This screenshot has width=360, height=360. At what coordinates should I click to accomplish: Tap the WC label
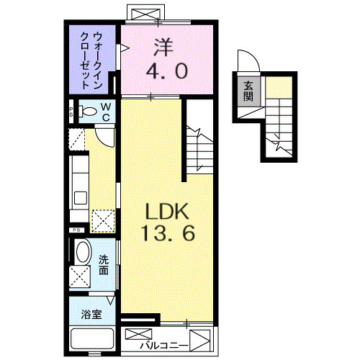point(105,111)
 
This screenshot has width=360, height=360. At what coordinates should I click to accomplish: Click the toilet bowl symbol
point(88,112)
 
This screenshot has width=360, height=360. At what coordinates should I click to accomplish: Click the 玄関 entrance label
point(248,91)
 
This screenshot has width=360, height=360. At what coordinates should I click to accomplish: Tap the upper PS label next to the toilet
point(72,111)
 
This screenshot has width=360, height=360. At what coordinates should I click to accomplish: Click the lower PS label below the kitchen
point(74,230)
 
